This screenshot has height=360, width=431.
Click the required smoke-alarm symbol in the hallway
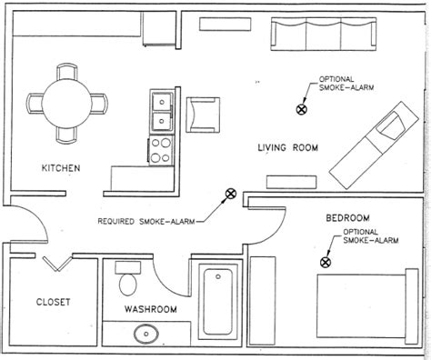231,194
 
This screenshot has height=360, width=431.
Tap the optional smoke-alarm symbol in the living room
301,109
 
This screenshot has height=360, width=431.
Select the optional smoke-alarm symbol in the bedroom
326,262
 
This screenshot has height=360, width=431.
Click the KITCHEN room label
61,168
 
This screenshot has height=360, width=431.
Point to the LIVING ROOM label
288,148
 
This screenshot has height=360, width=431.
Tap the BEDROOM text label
348,218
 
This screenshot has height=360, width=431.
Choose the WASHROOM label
151,309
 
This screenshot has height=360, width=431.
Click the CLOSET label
54,302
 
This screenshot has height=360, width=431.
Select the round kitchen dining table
66,104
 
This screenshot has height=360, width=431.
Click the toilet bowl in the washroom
128,285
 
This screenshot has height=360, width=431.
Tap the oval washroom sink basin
146,334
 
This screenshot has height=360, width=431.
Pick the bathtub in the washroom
218,302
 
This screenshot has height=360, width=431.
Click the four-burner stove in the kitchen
161,150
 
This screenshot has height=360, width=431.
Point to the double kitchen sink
162,111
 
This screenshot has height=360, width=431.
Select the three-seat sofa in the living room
324,34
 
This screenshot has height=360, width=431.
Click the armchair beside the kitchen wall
203,115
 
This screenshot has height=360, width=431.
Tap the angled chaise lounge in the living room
374,145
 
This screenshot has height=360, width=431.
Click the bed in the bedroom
367,306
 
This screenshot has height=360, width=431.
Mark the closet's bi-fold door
57,264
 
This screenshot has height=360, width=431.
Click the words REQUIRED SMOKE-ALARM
146,221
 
